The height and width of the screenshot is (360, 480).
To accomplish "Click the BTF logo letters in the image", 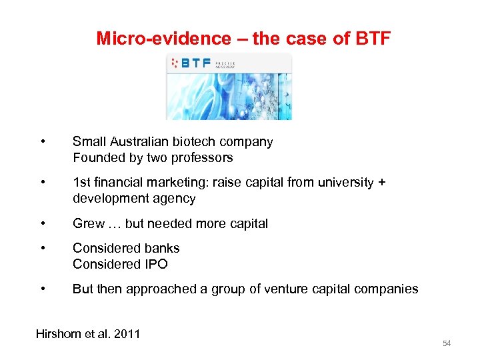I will (196, 63).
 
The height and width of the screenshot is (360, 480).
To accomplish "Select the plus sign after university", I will (381, 182).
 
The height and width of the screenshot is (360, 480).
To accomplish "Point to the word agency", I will (176, 199).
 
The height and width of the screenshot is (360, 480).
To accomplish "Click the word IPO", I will (155, 264).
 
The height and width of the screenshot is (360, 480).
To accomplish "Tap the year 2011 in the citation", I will (127, 333).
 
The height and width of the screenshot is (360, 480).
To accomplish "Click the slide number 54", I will (447, 343).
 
